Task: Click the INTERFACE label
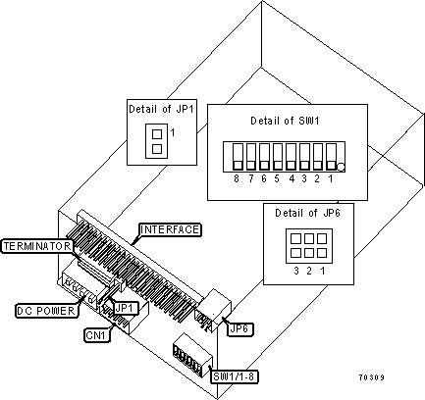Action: (171, 229)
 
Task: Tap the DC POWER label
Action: (42, 311)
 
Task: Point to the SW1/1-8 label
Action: (234, 376)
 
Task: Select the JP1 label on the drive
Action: (125, 308)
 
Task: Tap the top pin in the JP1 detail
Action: (155, 130)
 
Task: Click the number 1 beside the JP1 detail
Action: (173, 131)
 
